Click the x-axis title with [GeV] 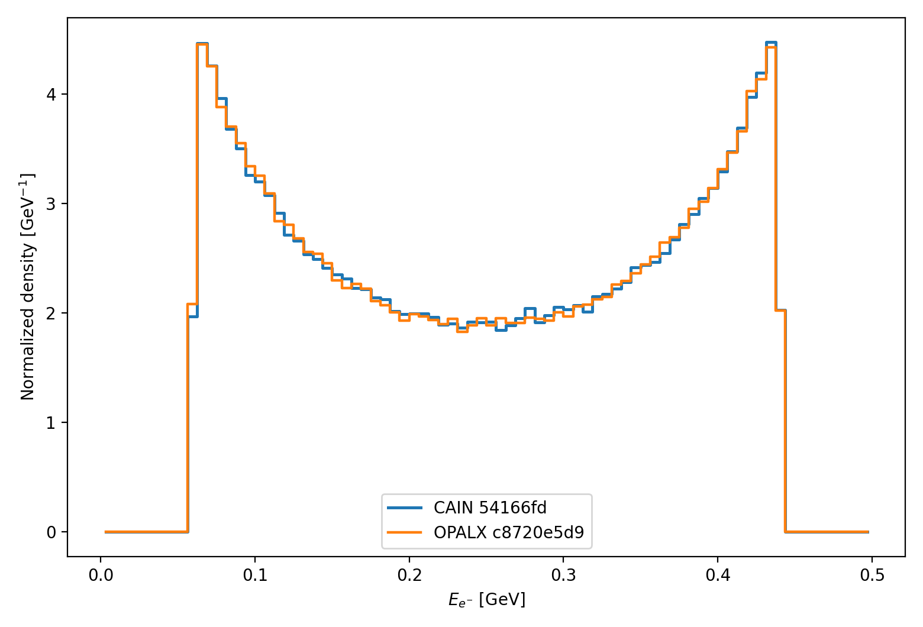[486, 600]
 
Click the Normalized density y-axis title [28, 287]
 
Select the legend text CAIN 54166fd [490, 508]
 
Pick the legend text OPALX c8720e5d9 [509, 533]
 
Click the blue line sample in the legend [405, 508]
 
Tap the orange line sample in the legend [405, 533]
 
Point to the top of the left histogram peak [202, 44]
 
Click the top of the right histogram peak [770, 44]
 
